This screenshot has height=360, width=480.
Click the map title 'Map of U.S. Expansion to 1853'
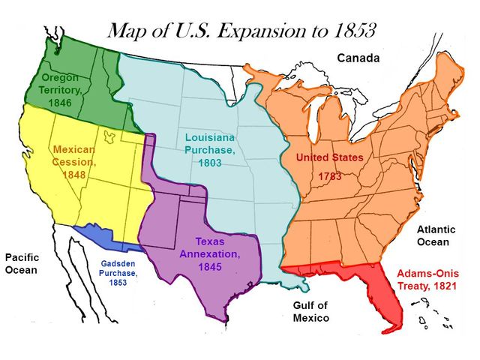[x=241, y=31]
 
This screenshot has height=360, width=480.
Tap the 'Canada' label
[x=358, y=58]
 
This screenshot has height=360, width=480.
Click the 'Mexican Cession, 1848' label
[x=74, y=162]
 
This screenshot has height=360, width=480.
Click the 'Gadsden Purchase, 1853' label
[x=119, y=273]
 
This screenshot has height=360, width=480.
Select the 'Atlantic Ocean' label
[x=433, y=235]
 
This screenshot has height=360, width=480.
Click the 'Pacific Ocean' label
[x=22, y=264]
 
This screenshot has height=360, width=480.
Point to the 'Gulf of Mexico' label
[x=310, y=311]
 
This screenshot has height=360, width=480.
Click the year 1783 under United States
[x=330, y=176]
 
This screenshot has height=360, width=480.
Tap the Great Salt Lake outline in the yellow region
[x=111, y=137]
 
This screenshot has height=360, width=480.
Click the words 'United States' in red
[x=329, y=157]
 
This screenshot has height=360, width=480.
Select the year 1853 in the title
[x=350, y=31]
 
